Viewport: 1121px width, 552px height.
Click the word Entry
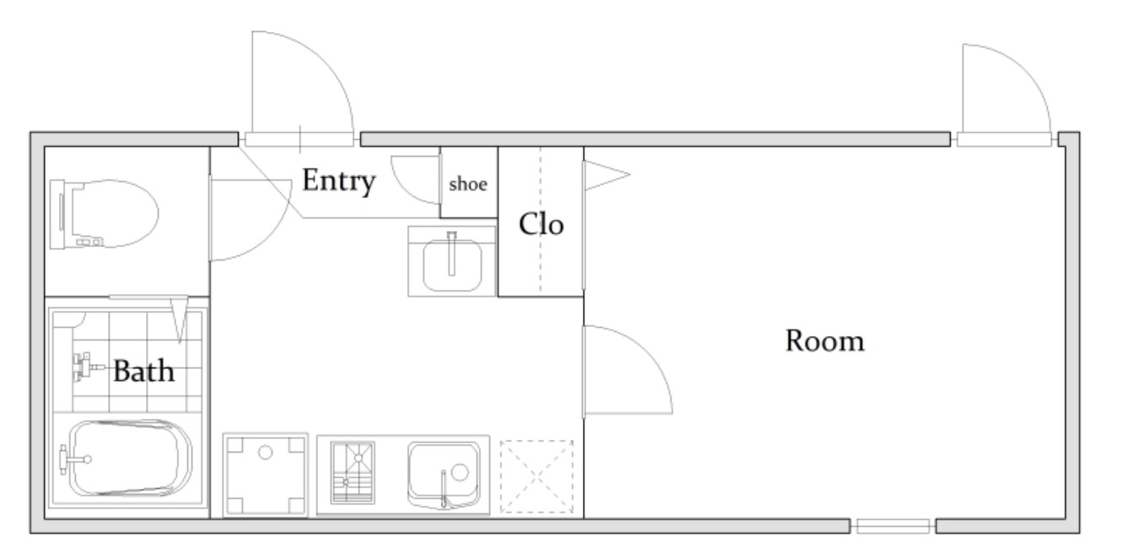(338, 181)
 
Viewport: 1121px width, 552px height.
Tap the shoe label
(468, 185)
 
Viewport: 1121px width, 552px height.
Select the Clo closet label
(541, 224)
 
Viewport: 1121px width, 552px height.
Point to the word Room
(825, 341)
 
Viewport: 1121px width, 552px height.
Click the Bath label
(143, 371)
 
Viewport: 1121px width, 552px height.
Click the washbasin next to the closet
(452, 261)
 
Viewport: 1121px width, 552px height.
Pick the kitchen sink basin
(444, 474)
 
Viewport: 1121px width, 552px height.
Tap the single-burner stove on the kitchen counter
(353, 473)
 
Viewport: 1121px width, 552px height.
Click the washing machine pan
(265, 474)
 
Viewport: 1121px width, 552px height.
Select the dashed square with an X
(536, 476)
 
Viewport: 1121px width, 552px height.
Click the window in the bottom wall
(892, 526)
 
